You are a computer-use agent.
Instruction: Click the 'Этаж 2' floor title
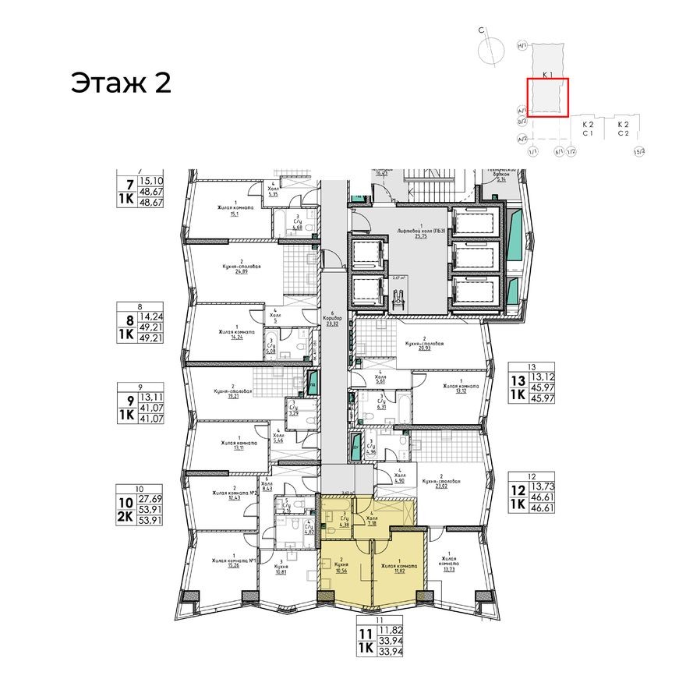(x=121, y=83)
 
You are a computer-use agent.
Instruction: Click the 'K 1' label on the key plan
(x=547, y=75)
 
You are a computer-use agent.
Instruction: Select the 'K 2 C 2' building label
(x=622, y=129)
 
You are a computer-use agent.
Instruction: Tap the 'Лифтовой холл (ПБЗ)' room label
(x=420, y=232)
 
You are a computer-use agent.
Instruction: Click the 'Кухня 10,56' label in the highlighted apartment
(x=340, y=566)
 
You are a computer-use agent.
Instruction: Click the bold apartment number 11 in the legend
(x=363, y=633)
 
